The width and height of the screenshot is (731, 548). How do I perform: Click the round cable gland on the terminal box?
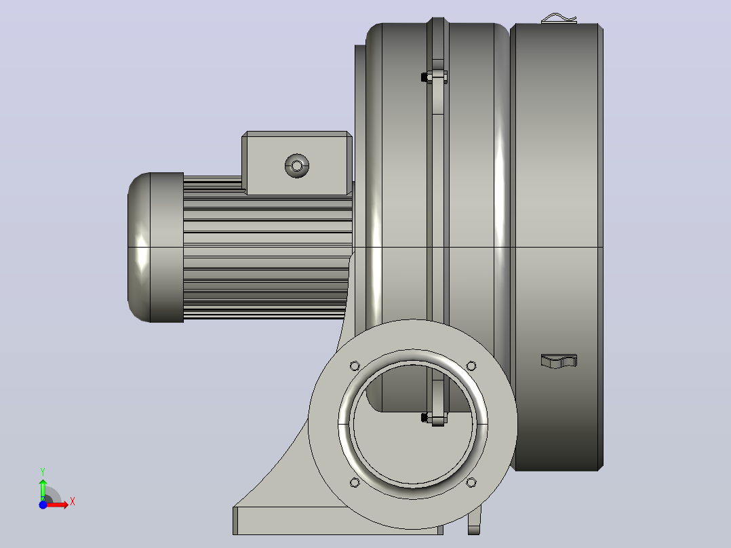click(297, 165)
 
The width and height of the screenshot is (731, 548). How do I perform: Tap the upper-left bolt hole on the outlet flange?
click(355, 365)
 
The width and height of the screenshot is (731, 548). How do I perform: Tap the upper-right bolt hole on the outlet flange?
click(471, 365)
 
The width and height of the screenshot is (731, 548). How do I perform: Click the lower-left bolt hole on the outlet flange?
click(355, 482)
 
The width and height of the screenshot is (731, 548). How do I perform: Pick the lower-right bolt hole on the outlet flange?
click(471, 482)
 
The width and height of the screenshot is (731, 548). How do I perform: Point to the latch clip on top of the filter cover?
click(559, 19)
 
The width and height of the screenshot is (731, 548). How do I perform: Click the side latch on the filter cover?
click(559, 361)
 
